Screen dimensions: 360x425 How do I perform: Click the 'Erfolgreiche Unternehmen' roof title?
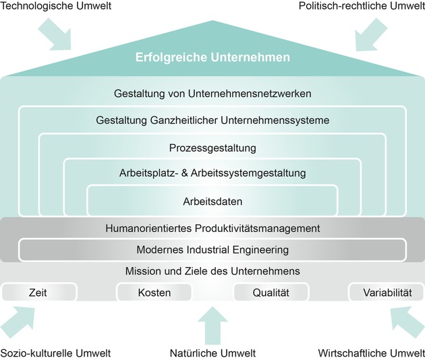click(212, 57)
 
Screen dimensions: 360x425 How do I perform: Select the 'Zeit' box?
click(38, 293)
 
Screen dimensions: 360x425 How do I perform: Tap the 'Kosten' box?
click(154, 293)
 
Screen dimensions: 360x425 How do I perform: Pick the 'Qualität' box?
click(271, 293)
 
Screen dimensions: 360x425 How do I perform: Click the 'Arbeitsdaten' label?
click(212, 201)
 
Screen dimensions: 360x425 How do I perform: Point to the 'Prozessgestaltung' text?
click(212, 147)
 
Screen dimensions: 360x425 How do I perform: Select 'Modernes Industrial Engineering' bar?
click(212, 249)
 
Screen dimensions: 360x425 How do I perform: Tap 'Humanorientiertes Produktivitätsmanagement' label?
click(212, 228)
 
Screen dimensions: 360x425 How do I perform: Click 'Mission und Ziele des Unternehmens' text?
click(212, 272)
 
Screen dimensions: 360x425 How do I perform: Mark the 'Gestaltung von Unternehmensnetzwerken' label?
click(212, 93)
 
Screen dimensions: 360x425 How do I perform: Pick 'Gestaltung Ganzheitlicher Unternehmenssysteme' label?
click(212, 120)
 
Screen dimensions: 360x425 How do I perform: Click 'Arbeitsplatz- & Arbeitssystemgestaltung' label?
click(212, 173)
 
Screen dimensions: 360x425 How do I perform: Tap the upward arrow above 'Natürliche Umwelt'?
click(213, 325)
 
